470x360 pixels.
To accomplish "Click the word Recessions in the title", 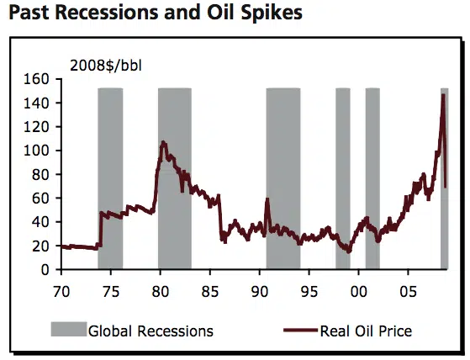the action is click(x=106, y=13).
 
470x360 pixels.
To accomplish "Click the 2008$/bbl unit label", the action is click(x=106, y=66).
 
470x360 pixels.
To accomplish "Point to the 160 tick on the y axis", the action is click(x=36, y=79).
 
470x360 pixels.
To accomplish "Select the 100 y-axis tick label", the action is click(x=36, y=151).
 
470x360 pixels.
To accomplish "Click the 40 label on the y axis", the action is click(x=40, y=222).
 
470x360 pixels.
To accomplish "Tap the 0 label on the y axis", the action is click(x=45, y=270).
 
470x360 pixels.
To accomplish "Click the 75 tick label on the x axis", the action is click(x=111, y=291).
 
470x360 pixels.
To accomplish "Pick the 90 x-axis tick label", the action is click(x=260, y=291).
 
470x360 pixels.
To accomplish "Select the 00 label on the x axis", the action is click(x=358, y=291).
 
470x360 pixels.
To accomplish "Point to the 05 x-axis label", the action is click(x=408, y=291).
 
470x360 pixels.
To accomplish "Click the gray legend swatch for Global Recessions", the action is click(x=69, y=329).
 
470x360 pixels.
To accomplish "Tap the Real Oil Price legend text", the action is click(x=366, y=331).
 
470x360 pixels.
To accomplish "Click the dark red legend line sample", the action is click(x=300, y=331).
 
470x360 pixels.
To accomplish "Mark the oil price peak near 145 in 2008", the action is click(x=443, y=95).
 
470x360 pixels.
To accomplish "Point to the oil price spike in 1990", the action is click(x=267, y=199).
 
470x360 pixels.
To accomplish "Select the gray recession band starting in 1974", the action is click(x=110, y=178).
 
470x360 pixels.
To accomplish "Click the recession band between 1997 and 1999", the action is click(x=343, y=178).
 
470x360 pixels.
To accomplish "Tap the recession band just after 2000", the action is click(x=372, y=178).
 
